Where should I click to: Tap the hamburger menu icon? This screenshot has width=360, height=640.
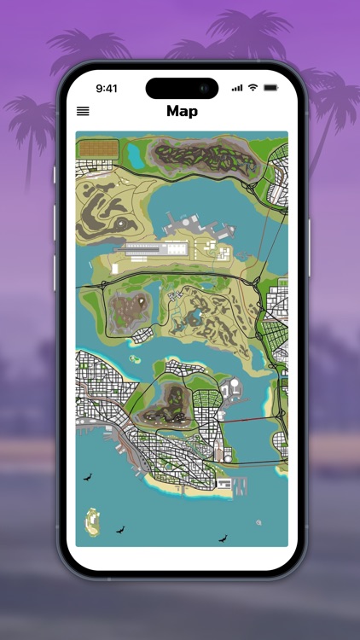click(83, 111)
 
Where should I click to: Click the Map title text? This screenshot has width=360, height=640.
click(182, 111)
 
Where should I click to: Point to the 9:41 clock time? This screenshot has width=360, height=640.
click(107, 88)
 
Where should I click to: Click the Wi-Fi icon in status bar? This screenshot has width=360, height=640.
click(253, 88)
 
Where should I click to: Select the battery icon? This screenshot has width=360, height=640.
click(271, 88)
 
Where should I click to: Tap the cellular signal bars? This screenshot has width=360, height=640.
click(237, 88)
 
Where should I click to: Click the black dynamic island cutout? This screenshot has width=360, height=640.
click(182, 88)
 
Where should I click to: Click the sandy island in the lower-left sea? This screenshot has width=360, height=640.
click(91, 520)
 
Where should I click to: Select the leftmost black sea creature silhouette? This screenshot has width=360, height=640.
click(87, 478)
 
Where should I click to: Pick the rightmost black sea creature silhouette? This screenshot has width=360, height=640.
click(224, 538)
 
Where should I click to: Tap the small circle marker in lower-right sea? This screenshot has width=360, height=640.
click(258, 521)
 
